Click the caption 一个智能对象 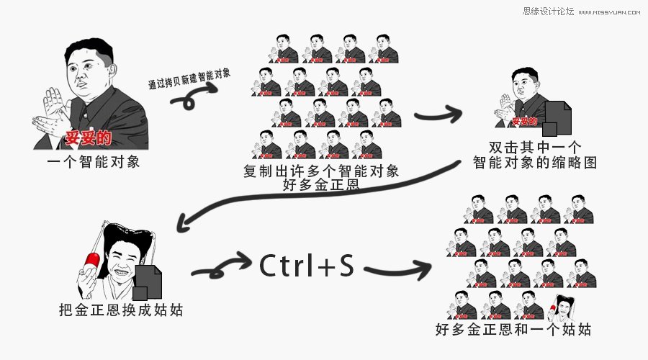click(92, 161)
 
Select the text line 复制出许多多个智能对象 click(321, 171)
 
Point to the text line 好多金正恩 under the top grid click(321, 186)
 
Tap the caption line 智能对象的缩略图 click(535, 163)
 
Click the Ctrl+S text click(307, 267)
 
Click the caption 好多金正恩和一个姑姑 click(514, 330)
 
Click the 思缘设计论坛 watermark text click(549, 12)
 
